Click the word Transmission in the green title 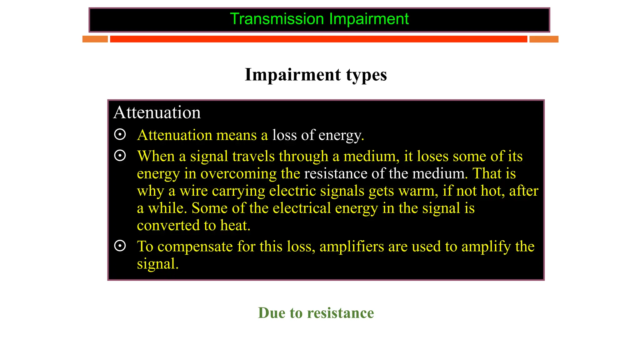click(277, 19)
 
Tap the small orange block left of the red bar click(95, 39)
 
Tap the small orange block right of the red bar click(544, 39)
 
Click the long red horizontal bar click(318, 39)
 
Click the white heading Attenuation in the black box click(157, 112)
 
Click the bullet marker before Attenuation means click(120, 134)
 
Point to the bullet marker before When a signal click(120, 155)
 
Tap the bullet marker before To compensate click(120, 246)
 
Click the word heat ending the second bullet click(235, 225)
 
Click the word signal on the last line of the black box click(157, 264)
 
